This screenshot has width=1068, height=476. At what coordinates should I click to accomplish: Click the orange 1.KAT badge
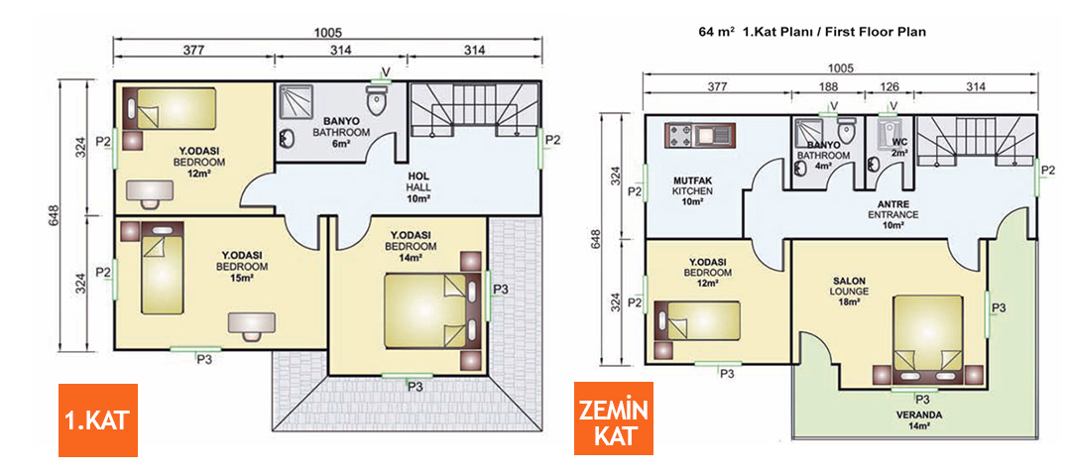(96, 419)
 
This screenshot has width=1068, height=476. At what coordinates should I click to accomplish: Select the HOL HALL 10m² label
(418, 187)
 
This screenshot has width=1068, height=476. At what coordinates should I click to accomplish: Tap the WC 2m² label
(898, 147)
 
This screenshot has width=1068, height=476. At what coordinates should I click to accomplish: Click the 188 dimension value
(827, 87)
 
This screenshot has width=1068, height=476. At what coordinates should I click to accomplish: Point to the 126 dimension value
(890, 87)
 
